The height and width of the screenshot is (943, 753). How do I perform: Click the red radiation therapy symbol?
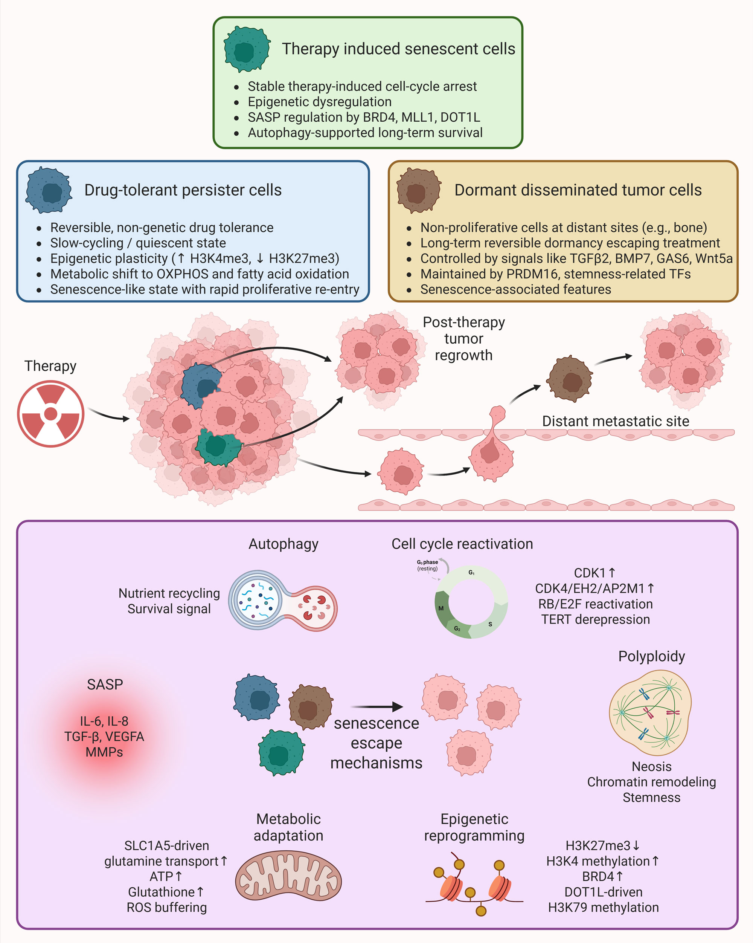click(51, 413)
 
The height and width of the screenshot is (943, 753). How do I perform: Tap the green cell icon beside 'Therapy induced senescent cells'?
click(247, 49)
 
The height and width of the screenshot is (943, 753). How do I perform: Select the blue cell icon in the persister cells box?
click(49, 190)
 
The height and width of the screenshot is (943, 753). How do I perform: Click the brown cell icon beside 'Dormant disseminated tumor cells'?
click(418, 190)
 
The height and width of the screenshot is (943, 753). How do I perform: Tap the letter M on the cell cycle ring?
click(441, 608)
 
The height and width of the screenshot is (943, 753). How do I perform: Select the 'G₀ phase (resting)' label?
click(427, 565)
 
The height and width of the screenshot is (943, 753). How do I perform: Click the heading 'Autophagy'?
click(283, 544)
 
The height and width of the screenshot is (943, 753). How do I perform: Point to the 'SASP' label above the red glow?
click(105, 685)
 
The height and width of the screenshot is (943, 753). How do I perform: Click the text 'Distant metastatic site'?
click(615, 421)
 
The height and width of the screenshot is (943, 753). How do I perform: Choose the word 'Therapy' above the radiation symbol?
click(50, 366)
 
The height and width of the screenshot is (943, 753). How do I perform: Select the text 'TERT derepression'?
click(595, 619)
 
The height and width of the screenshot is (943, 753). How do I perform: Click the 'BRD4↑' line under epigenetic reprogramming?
click(603, 877)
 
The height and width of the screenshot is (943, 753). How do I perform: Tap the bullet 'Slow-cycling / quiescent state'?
click(138, 243)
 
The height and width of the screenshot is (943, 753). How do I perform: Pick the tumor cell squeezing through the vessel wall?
click(492, 446)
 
